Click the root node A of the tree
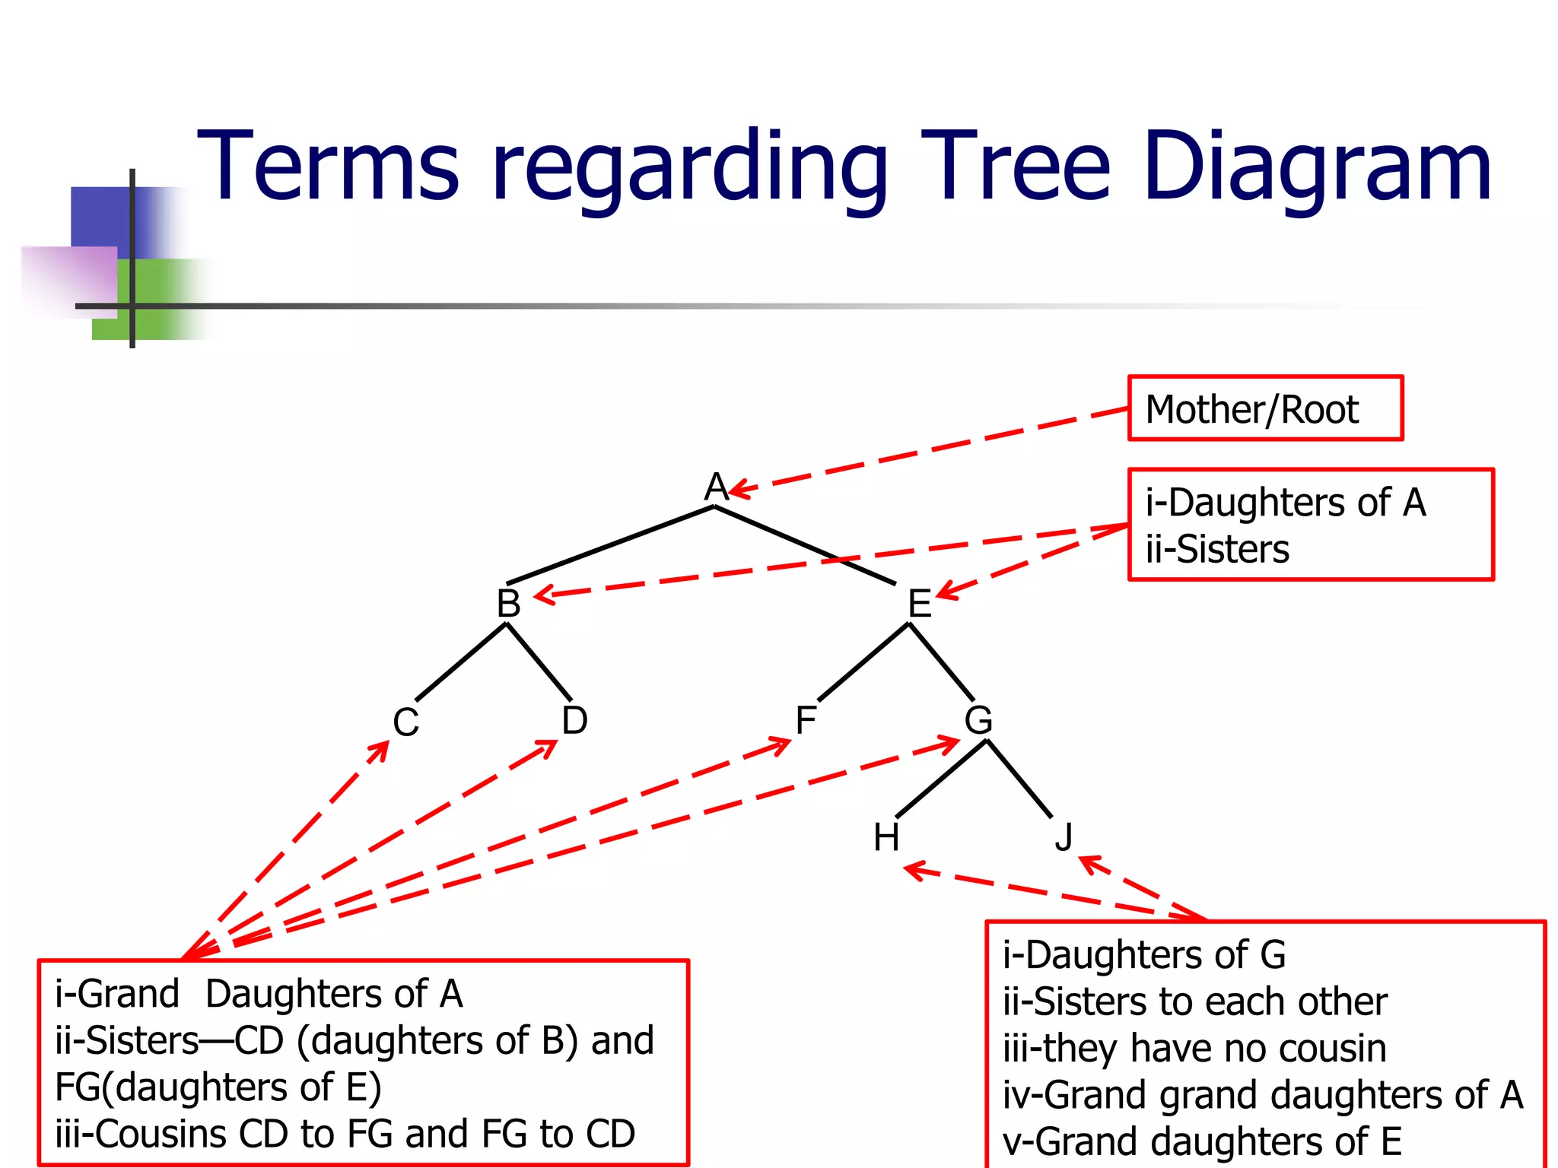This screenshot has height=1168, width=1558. (x=715, y=487)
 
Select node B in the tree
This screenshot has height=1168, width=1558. (x=508, y=604)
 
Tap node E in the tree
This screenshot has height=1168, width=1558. (x=919, y=604)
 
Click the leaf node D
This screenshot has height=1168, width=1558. (x=574, y=720)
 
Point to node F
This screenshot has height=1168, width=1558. (x=805, y=720)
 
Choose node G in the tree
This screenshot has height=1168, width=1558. (x=978, y=720)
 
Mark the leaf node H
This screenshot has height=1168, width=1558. (x=886, y=838)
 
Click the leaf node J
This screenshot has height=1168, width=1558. (x=1064, y=838)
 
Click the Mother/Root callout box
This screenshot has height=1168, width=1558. (x=1264, y=408)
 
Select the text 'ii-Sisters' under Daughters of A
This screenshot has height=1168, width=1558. (x=1217, y=549)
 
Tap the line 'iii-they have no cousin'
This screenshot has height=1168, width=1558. (x=1194, y=1048)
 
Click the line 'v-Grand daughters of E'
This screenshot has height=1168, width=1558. (x=1202, y=1141)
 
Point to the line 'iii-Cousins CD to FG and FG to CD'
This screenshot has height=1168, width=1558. (x=345, y=1134)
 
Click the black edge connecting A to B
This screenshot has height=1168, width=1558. (x=609, y=545)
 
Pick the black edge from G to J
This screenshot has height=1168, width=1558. (x=1019, y=779)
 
